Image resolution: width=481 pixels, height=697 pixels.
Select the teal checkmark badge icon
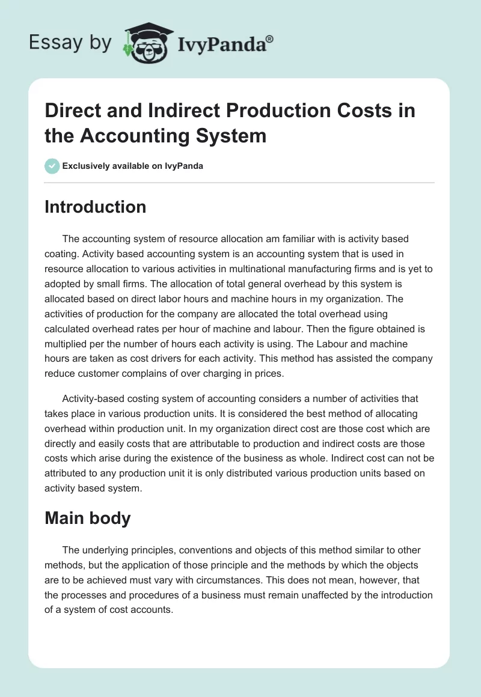52,166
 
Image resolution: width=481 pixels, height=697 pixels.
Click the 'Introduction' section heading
95,207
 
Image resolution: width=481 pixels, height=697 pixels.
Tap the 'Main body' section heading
87,518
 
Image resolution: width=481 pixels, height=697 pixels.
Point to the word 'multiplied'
69,345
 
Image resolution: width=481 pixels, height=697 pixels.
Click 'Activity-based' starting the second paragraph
92,398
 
